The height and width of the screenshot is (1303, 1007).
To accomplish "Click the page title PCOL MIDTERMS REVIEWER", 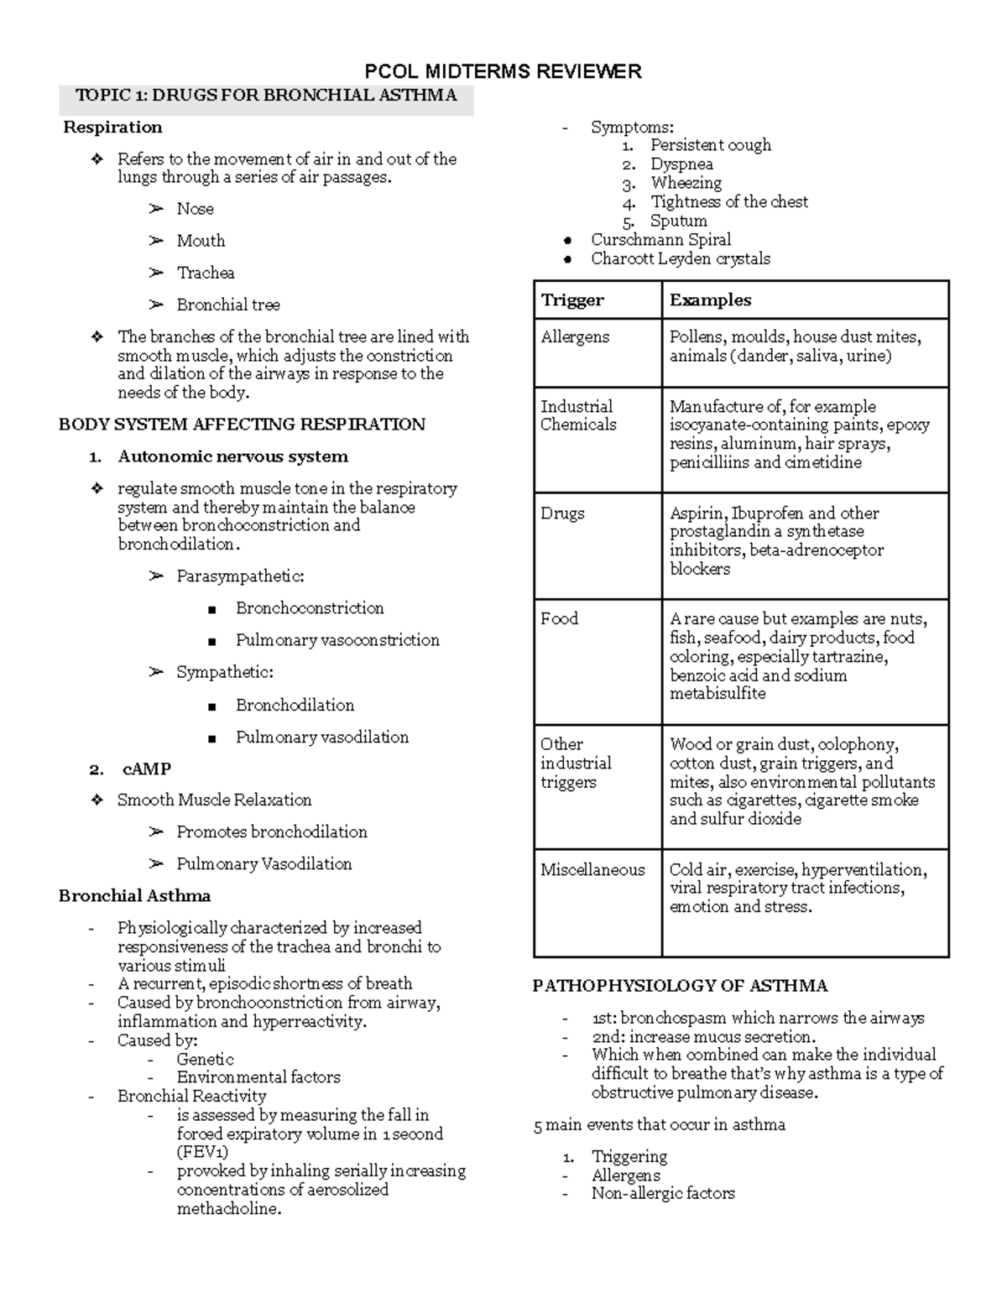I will [503, 71].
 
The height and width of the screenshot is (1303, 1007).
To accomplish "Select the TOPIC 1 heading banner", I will [266, 96].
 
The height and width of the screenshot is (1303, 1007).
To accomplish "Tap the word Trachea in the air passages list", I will [206, 273].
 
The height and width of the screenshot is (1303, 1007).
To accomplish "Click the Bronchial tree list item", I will [228, 305].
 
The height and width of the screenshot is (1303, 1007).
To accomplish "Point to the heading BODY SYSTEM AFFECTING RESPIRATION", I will [242, 425].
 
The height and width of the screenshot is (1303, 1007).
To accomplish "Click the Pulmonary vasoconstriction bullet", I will [337, 640].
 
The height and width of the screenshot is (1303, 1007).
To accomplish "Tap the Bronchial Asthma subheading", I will [134, 896].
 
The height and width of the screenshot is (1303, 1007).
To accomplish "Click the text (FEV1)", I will [202, 1152].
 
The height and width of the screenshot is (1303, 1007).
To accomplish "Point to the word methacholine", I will [229, 1209].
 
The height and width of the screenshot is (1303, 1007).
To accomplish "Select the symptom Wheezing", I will [686, 183].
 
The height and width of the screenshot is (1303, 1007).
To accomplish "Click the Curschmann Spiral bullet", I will [660, 240].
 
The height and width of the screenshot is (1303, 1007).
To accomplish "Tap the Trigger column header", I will [572, 300].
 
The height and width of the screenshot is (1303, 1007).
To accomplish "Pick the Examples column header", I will [710, 300].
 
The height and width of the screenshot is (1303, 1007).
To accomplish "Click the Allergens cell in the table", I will [575, 337].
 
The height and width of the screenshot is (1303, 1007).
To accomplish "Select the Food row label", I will [559, 619].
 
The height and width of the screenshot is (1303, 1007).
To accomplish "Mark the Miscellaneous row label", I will [592, 870].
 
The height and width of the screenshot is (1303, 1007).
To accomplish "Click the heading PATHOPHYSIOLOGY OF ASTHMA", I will [680, 986].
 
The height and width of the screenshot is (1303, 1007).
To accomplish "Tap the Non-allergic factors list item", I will [663, 1193].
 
